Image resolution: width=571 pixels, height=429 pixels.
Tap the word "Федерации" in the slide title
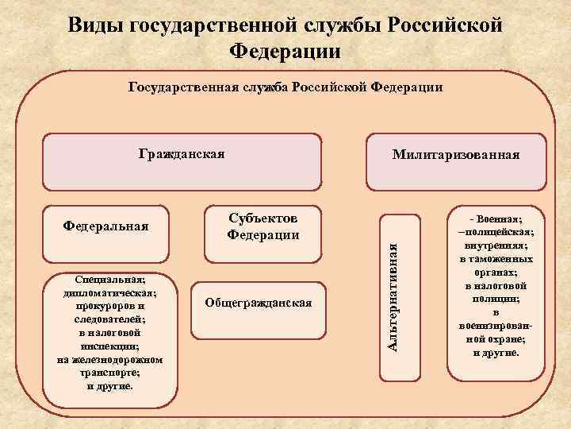(285, 52)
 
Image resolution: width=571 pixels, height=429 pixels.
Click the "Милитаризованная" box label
(456, 154)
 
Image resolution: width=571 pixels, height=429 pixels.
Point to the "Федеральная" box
(105, 225)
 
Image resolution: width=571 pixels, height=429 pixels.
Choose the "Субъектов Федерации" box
(263, 226)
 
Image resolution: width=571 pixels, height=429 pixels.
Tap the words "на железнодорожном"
(111, 360)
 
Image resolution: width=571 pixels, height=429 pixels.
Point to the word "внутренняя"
(496, 245)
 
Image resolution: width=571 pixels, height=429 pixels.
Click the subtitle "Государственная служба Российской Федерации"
(285, 87)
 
